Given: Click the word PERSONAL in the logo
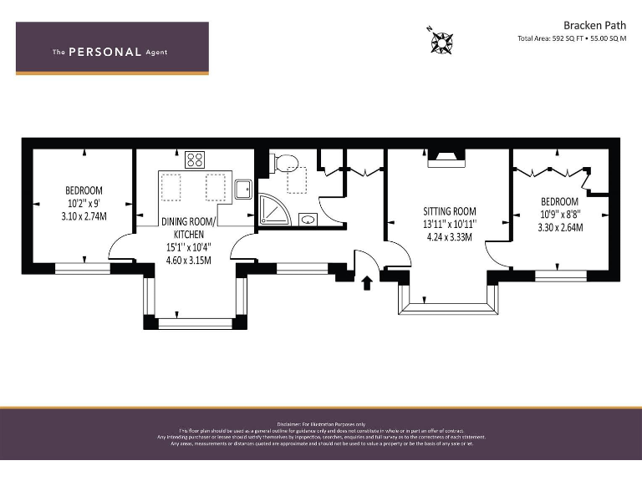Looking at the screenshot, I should [104, 52].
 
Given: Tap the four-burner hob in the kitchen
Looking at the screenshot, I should [196, 159].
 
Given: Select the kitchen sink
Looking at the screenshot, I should [243, 190].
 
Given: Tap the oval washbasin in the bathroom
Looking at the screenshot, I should [308, 220].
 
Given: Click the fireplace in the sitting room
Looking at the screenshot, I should [446, 159].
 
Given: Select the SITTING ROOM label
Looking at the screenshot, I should [449, 212].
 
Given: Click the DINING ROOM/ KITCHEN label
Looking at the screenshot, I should [188, 227].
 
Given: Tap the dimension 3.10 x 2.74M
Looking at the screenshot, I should [84, 216].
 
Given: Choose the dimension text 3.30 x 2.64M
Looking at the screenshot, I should [558, 227].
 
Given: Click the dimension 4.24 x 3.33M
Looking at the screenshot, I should [449, 237].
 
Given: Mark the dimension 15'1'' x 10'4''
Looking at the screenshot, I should [188, 246].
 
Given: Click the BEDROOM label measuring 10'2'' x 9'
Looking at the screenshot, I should [84, 190].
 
